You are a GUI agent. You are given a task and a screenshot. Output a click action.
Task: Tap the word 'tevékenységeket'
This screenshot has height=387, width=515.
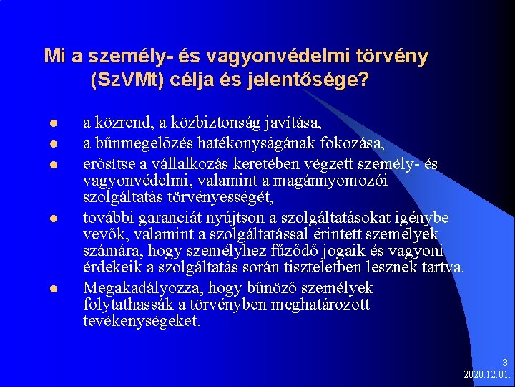click(x=141, y=321)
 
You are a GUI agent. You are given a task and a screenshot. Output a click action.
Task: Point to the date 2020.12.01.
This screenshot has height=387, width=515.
click(x=486, y=375)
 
